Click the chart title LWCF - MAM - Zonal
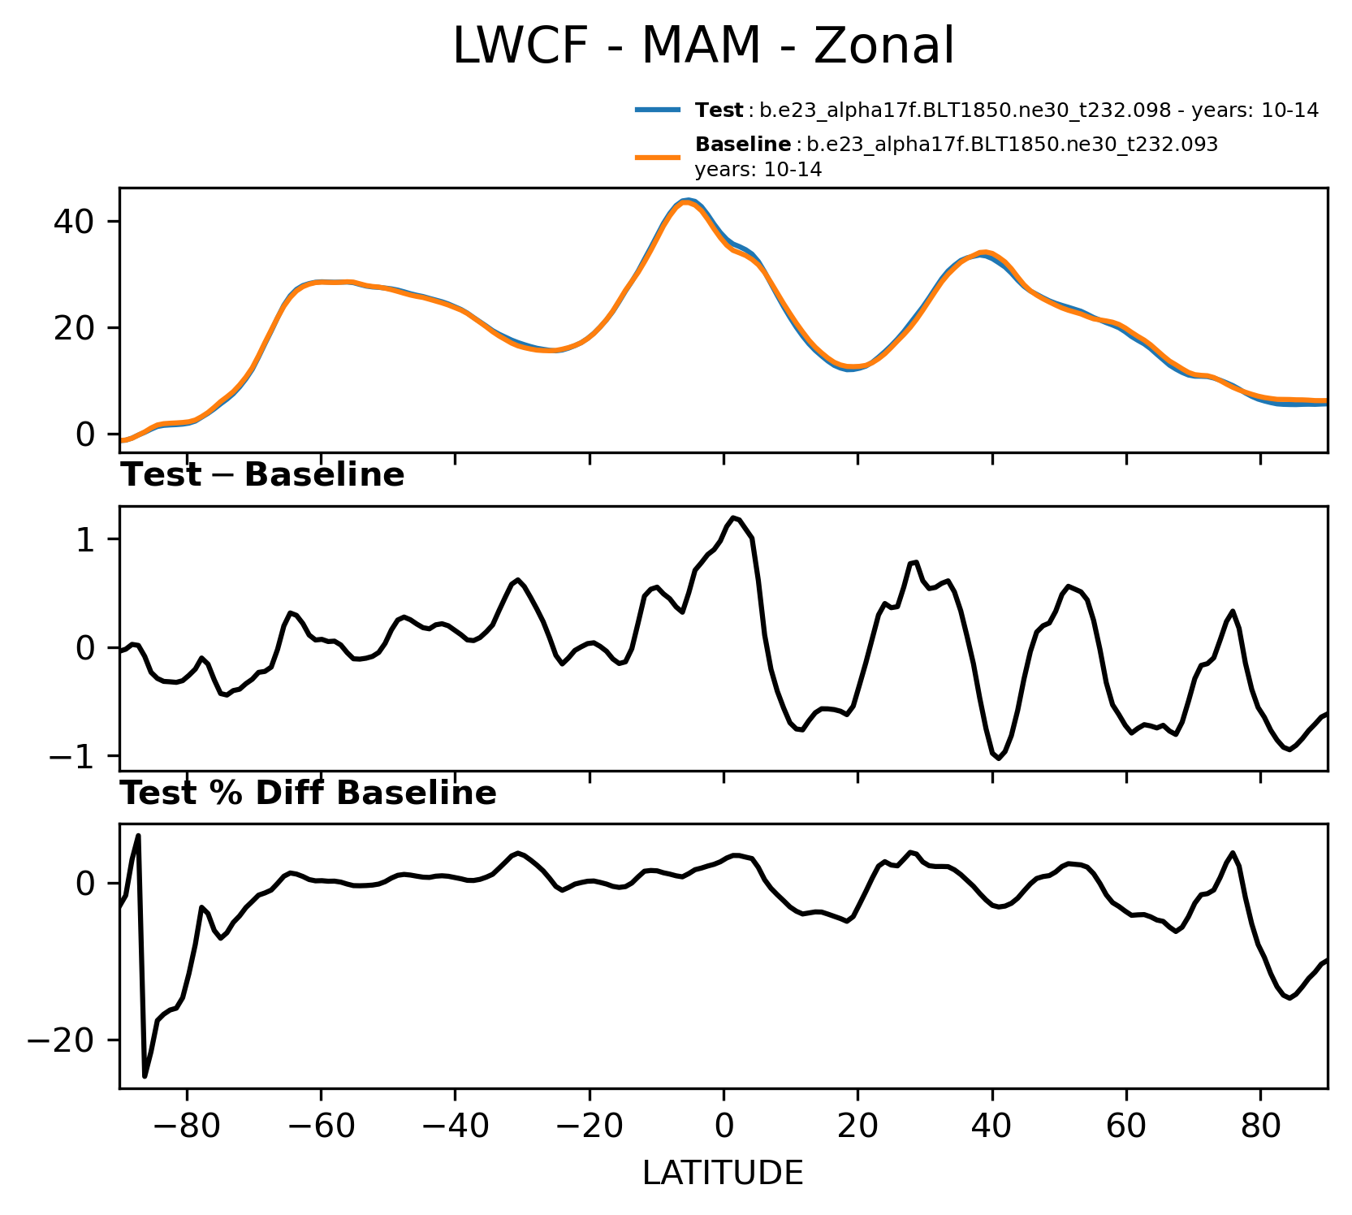click(x=703, y=45)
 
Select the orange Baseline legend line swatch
click(x=657, y=157)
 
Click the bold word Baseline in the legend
click(x=743, y=145)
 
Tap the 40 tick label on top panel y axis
click(x=75, y=222)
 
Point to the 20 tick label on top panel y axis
click(x=75, y=328)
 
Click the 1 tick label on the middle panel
click(x=86, y=539)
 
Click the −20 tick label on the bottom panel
click(x=63, y=1040)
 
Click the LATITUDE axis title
click(x=723, y=1173)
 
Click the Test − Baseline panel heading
click(x=262, y=475)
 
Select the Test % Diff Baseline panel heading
click(x=309, y=793)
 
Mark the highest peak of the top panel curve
click(x=686, y=200)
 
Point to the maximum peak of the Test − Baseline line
click(x=733, y=517)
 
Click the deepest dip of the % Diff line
click(x=145, y=1076)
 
